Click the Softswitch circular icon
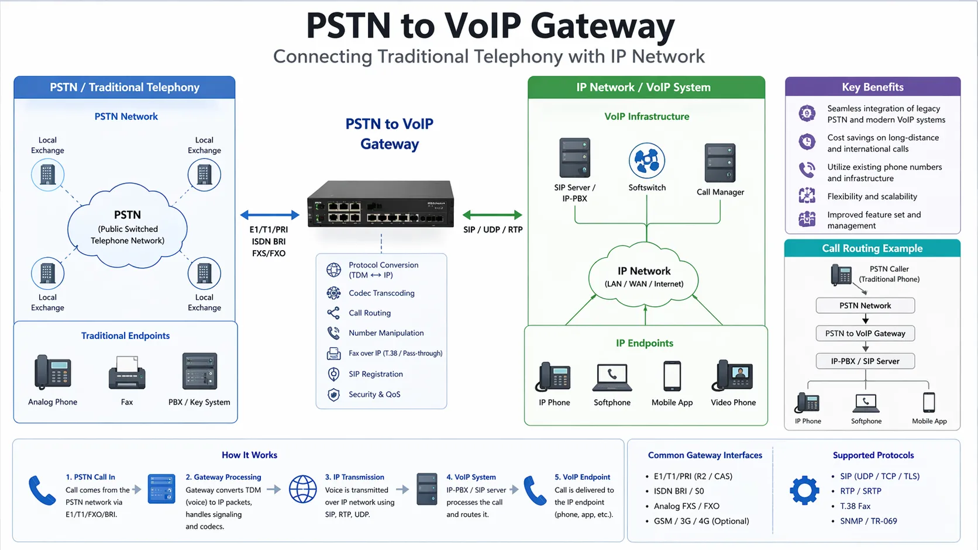click(646, 160)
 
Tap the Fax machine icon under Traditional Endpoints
click(127, 373)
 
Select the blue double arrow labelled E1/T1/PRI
click(270, 215)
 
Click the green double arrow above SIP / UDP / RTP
click(492, 215)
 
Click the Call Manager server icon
click(720, 163)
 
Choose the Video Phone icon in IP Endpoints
click(732, 375)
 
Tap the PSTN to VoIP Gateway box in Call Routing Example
click(865, 333)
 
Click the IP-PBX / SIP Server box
click(865, 361)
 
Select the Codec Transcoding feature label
click(381, 293)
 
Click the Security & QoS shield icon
click(333, 395)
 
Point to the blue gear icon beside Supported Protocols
click(804, 490)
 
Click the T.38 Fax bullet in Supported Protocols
click(855, 506)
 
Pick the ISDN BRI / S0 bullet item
click(679, 491)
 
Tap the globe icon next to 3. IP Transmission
click(303, 489)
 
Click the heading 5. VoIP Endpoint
click(582, 477)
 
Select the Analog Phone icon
click(53, 372)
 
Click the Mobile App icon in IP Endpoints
click(672, 376)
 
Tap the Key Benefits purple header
click(872, 87)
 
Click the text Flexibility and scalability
click(872, 196)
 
